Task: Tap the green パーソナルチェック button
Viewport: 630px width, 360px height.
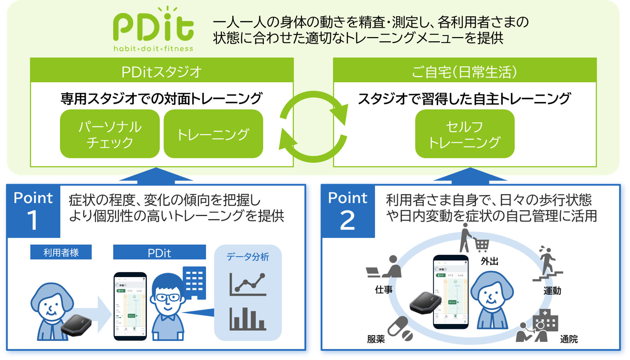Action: (x=110, y=134)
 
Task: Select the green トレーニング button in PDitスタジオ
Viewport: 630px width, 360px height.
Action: (x=213, y=134)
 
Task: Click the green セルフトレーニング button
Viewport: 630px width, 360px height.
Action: (x=465, y=134)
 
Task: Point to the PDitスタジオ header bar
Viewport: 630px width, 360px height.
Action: (x=162, y=71)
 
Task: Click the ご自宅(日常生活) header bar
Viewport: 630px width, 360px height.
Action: (x=465, y=71)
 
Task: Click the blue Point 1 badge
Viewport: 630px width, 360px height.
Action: (x=33, y=211)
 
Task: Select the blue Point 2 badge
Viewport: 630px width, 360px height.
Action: (x=348, y=211)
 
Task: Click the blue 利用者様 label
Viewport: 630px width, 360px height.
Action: (x=61, y=252)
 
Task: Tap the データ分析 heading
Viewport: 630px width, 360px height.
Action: (x=248, y=257)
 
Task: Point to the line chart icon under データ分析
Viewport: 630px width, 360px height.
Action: (x=248, y=283)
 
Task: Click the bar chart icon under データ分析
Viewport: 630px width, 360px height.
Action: (x=248, y=319)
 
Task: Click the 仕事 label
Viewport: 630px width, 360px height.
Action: (x=384, y=290)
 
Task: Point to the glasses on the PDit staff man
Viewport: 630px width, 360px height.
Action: (x=167, y=297)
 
